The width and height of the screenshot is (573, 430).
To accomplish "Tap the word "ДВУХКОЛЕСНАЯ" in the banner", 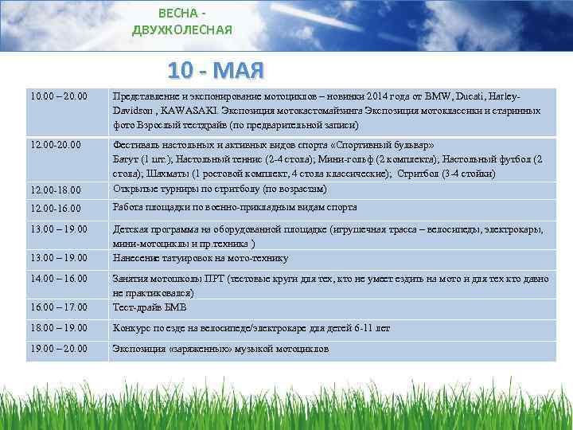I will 183,30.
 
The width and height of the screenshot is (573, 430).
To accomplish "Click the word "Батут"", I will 126,159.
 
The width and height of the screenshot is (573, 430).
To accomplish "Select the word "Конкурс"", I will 133,327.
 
